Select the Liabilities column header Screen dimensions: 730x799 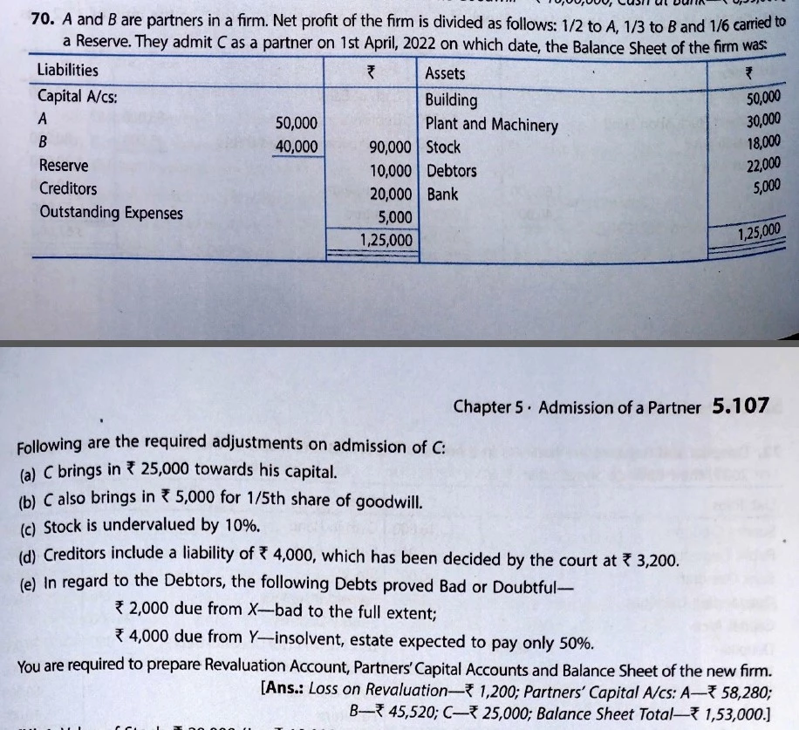coord(68,71)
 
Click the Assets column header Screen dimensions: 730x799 coord(445,74)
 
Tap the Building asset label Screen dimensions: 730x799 coord(451,100)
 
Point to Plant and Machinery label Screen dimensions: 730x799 coord(491,125)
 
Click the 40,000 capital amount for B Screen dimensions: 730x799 coord(297,146)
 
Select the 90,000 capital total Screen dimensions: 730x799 coord(389,147)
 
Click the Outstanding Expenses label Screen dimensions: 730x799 coord(111,212)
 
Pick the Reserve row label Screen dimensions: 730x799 coord(63,165)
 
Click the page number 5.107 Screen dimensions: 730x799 coord(741,406)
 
